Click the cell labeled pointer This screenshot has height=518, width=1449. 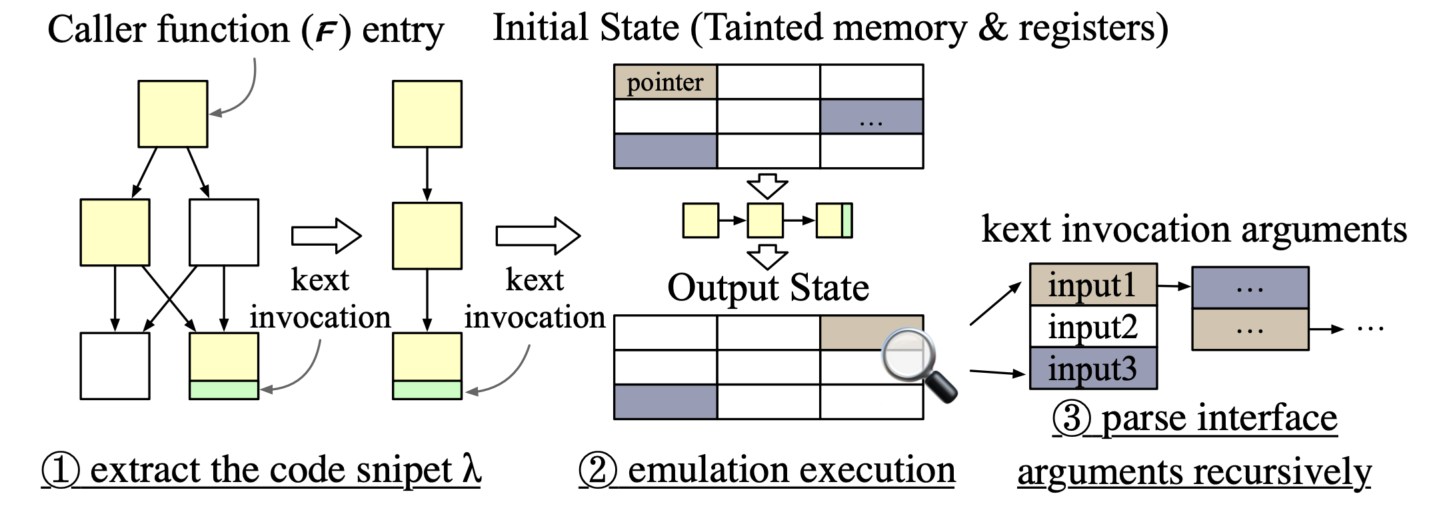click(x=665, y=83)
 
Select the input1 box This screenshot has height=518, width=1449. click(x=1093, y=285)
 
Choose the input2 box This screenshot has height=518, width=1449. click(x=1093, y=327)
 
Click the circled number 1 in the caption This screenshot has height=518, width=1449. click(x=61, y=470)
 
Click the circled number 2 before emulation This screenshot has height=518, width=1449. click(x=598, y=470)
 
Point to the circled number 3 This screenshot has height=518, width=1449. click(x=1071, y=419)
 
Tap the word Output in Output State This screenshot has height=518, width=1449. click(x=723, y=288)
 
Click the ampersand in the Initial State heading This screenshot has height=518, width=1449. click(x=993, y=28)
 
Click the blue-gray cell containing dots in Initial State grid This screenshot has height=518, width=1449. click(x=871, y=117)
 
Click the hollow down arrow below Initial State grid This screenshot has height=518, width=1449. click(x=767, y=186)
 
